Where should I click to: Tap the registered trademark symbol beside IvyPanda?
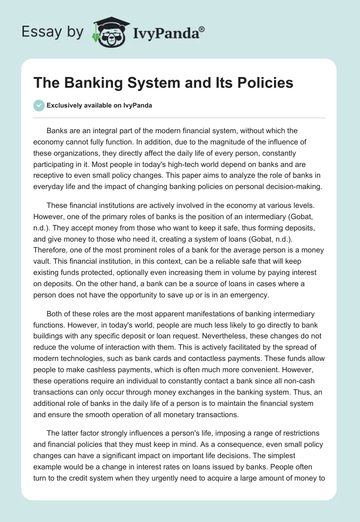(202, 28)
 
